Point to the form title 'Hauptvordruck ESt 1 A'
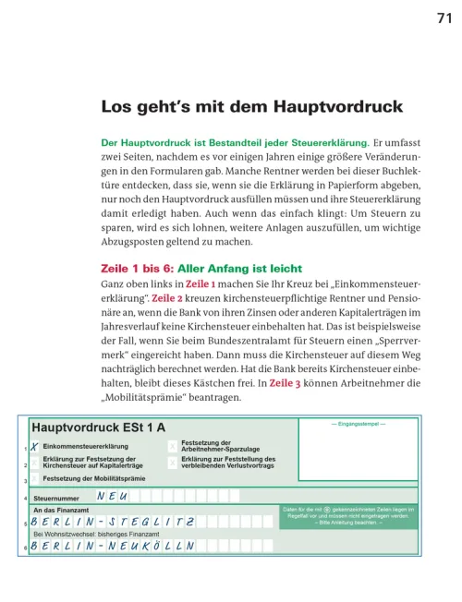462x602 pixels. tap(99, 427)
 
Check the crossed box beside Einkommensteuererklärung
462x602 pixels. tap(34, 446)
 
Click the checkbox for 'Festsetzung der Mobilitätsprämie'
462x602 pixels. tap(34, 478)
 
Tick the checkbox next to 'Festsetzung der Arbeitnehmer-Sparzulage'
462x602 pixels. tap(172, 446)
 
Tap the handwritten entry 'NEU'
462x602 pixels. tap(111, 497)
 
